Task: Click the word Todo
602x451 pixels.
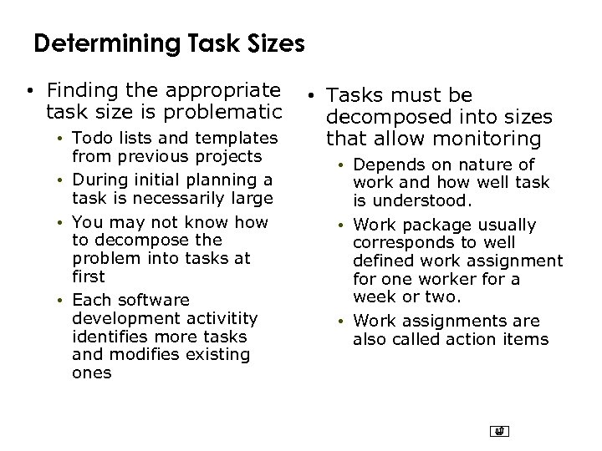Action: click(90, 138)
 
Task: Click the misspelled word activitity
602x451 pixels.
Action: click(220, 318)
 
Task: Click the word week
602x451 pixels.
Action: click(370, 297)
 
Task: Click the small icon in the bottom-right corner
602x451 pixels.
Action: click(500, 432)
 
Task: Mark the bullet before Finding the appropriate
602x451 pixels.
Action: click(29, 90)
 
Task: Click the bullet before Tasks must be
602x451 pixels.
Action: click(310, 97)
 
